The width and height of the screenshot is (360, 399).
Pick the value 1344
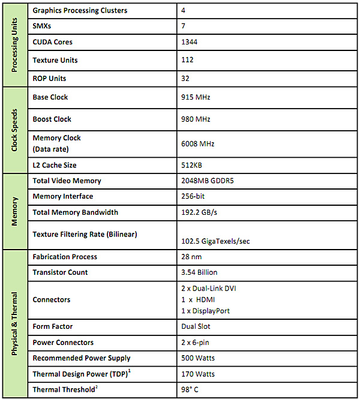pyautogui.click(x=190, y=43)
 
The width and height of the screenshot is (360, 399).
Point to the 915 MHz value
pyautogui.click(x=196, y=97)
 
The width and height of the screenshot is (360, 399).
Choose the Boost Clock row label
pyautogui.click(x=52, y=119)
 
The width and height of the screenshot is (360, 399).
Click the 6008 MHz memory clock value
pyautogui.click(x=197, y=144)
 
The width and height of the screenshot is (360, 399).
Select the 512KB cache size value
pyautogui.click(x=193, y=165)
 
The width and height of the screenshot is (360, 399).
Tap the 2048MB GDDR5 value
pyautogui.click(x=207, y=181)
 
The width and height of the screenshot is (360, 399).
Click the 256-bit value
pyautogui.click(x=193, y=197)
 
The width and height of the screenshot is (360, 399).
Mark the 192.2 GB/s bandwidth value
pyautogui.click(x=198, y=212)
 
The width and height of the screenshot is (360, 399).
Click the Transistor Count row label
pyautogui.click(x=60, y=272)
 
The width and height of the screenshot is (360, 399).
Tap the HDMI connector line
pyautogui.click(x=199, y=299)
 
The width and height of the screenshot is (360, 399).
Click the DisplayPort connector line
pyautogui.click(x=205, y=311)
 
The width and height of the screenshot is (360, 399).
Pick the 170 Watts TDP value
pyautogui.click(x=198, y=374)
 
